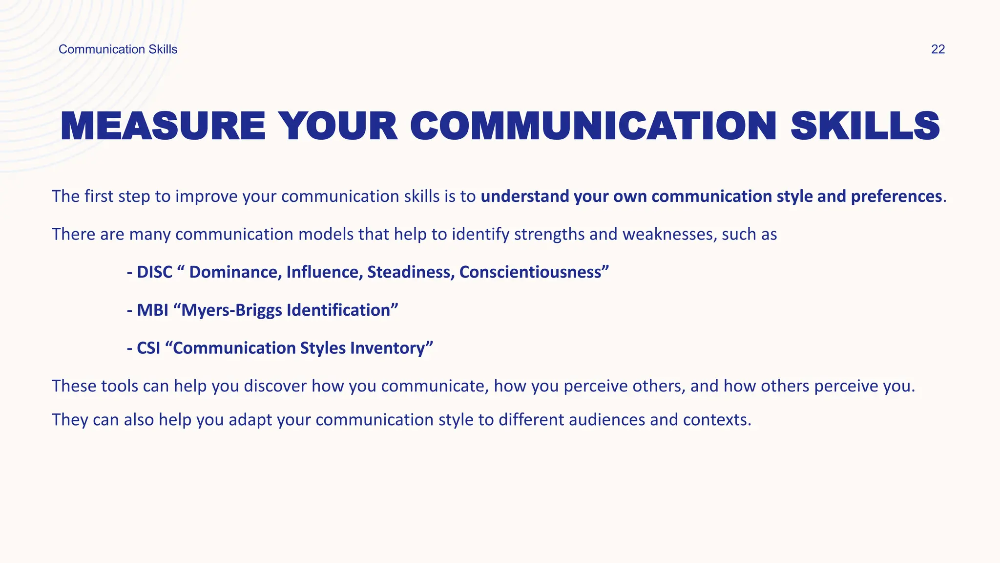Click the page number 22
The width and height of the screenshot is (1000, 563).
[x=937, y=49]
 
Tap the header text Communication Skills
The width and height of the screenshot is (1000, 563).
[x=118, y=49]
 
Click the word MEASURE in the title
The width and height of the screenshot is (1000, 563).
[x=163, y=127]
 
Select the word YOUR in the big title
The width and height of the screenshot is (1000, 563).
[x=340, y=127]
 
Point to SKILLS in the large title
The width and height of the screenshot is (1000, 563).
[x=865, y=127]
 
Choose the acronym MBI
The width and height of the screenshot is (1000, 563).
[x=152, y=310]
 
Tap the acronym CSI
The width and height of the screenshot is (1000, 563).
[x=148, y=348]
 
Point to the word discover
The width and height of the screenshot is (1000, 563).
[x=275, y=386]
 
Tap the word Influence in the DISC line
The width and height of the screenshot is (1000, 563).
[x=324, y=272]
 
